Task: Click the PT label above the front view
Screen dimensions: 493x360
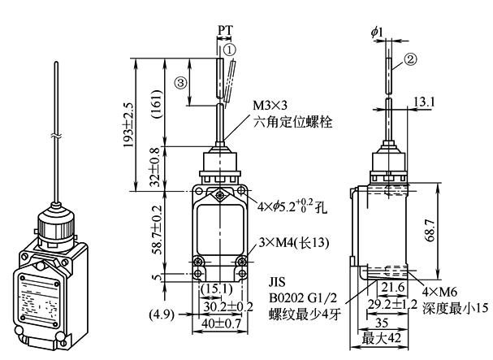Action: (226, 31)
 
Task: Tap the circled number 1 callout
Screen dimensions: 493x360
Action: (230, 50)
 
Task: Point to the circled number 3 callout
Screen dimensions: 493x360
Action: (181, 83)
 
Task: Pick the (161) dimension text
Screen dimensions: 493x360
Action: (156, 104)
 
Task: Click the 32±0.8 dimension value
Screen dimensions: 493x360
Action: (154, 167)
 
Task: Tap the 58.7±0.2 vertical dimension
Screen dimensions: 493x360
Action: (156, 230)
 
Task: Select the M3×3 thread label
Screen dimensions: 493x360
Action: (270, 106)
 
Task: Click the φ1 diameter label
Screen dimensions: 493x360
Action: (377, 32)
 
